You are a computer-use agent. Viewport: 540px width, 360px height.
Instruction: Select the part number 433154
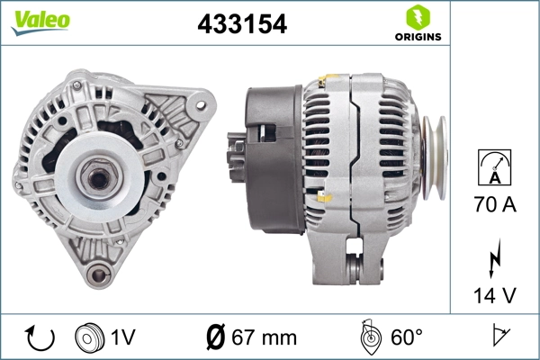click(242, 25)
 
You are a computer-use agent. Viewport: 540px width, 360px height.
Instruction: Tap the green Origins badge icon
click(416, 15)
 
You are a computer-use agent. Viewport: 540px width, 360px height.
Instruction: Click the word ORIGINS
click(417, 37)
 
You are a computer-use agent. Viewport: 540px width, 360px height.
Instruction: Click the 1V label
click(123, 338)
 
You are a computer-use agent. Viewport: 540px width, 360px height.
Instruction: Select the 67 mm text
click(265, 338)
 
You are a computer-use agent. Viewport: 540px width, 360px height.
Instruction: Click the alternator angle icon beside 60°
click(368, 338)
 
